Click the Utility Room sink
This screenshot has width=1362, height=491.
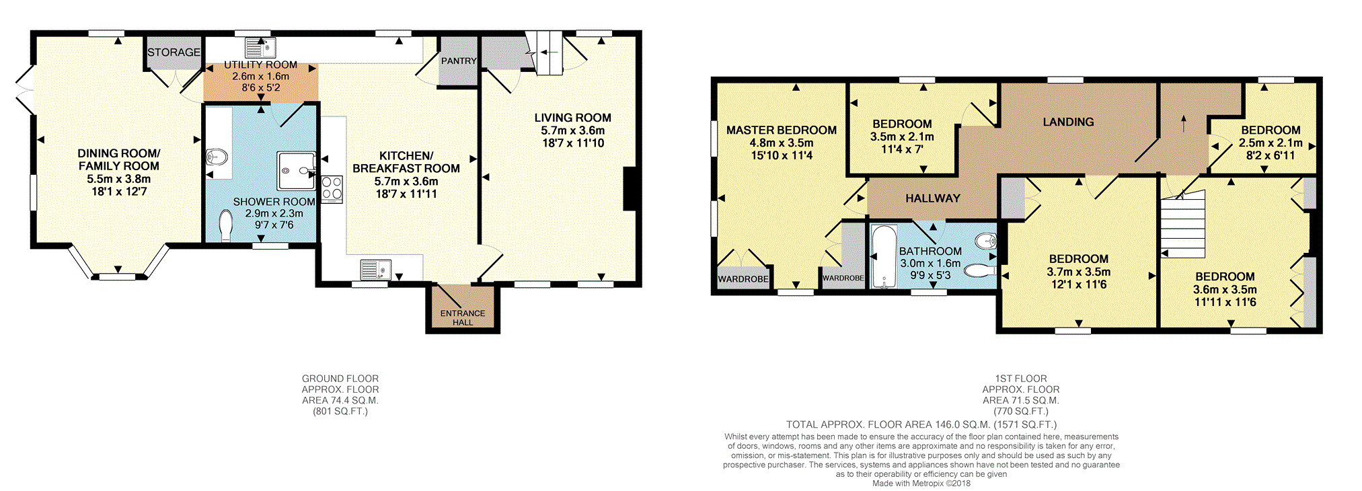coord(260,48)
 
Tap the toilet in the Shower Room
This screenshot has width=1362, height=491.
coord(225,226)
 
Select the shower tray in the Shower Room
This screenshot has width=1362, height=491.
coord(296,170)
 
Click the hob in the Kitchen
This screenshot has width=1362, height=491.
coord(332,189)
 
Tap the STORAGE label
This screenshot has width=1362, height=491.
coord(174,52)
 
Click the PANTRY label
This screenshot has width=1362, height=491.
coord(459,61)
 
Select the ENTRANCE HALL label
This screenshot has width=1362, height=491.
coord(463,317)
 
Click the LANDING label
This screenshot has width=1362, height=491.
coord(1068,122)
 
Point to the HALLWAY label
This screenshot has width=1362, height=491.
coord(933,198)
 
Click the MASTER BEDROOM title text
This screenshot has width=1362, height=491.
coord(782,130)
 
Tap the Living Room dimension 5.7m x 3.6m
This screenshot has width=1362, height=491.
coord(573,130)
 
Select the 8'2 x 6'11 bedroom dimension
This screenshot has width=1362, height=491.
coord(1271,155)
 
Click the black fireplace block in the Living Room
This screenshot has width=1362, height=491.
coord(630,189)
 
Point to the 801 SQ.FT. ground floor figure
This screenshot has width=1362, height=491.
coord(340,411)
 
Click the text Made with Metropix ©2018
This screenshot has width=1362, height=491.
coord(921,483)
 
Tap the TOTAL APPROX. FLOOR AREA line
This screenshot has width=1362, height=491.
coord(921,424)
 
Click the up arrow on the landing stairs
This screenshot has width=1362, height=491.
coord(1184,123)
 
